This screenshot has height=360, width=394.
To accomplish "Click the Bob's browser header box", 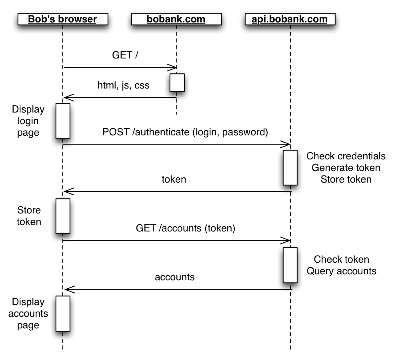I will [62, 19].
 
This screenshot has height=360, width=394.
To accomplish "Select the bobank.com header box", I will [176, 19].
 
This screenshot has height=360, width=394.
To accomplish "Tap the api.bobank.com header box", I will [290, 19].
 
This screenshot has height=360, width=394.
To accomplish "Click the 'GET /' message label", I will [125, 55].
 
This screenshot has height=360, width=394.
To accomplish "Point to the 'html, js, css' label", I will [124, 85].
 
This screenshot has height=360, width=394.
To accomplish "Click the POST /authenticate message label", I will [185, 132].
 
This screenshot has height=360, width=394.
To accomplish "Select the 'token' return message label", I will [174, 179].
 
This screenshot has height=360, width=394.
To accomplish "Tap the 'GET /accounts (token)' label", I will [185, 228].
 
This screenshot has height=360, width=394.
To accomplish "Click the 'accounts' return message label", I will [175, 277].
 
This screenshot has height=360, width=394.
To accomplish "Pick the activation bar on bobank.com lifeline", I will [177, 82].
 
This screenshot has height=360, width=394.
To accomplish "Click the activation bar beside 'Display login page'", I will [63, 121].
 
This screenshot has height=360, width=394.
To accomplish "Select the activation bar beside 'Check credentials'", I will [290, 167].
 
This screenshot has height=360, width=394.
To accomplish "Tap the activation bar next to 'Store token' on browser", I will [63, 216].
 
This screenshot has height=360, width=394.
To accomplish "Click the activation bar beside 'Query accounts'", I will [290, 265].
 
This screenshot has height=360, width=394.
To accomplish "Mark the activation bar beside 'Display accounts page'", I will [63, 314].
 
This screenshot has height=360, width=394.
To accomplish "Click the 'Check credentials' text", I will [346, 156].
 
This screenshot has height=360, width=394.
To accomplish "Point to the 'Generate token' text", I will [346, 167].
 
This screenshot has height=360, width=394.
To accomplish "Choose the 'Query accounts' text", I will [341, 271].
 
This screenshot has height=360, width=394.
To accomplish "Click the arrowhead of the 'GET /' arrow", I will [174, 67].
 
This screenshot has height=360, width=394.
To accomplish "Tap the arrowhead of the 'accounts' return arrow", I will [67, 289].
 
